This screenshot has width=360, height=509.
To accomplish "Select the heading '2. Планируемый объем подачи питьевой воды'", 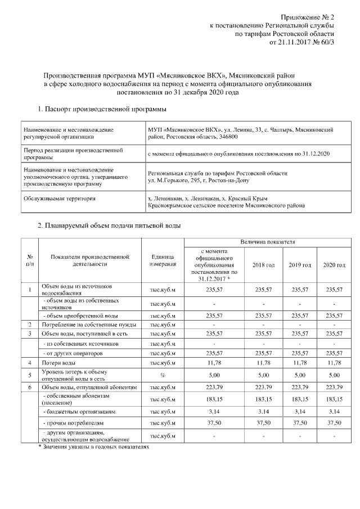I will click(109, 226).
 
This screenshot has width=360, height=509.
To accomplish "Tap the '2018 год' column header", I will click(263, 265).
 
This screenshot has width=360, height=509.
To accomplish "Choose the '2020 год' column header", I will click(334, 265).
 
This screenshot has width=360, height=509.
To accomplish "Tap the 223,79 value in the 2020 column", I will click(334, 387).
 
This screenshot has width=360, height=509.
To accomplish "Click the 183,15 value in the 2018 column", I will click(263, 399).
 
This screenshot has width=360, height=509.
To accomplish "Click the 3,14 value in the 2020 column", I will click(334, 412).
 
